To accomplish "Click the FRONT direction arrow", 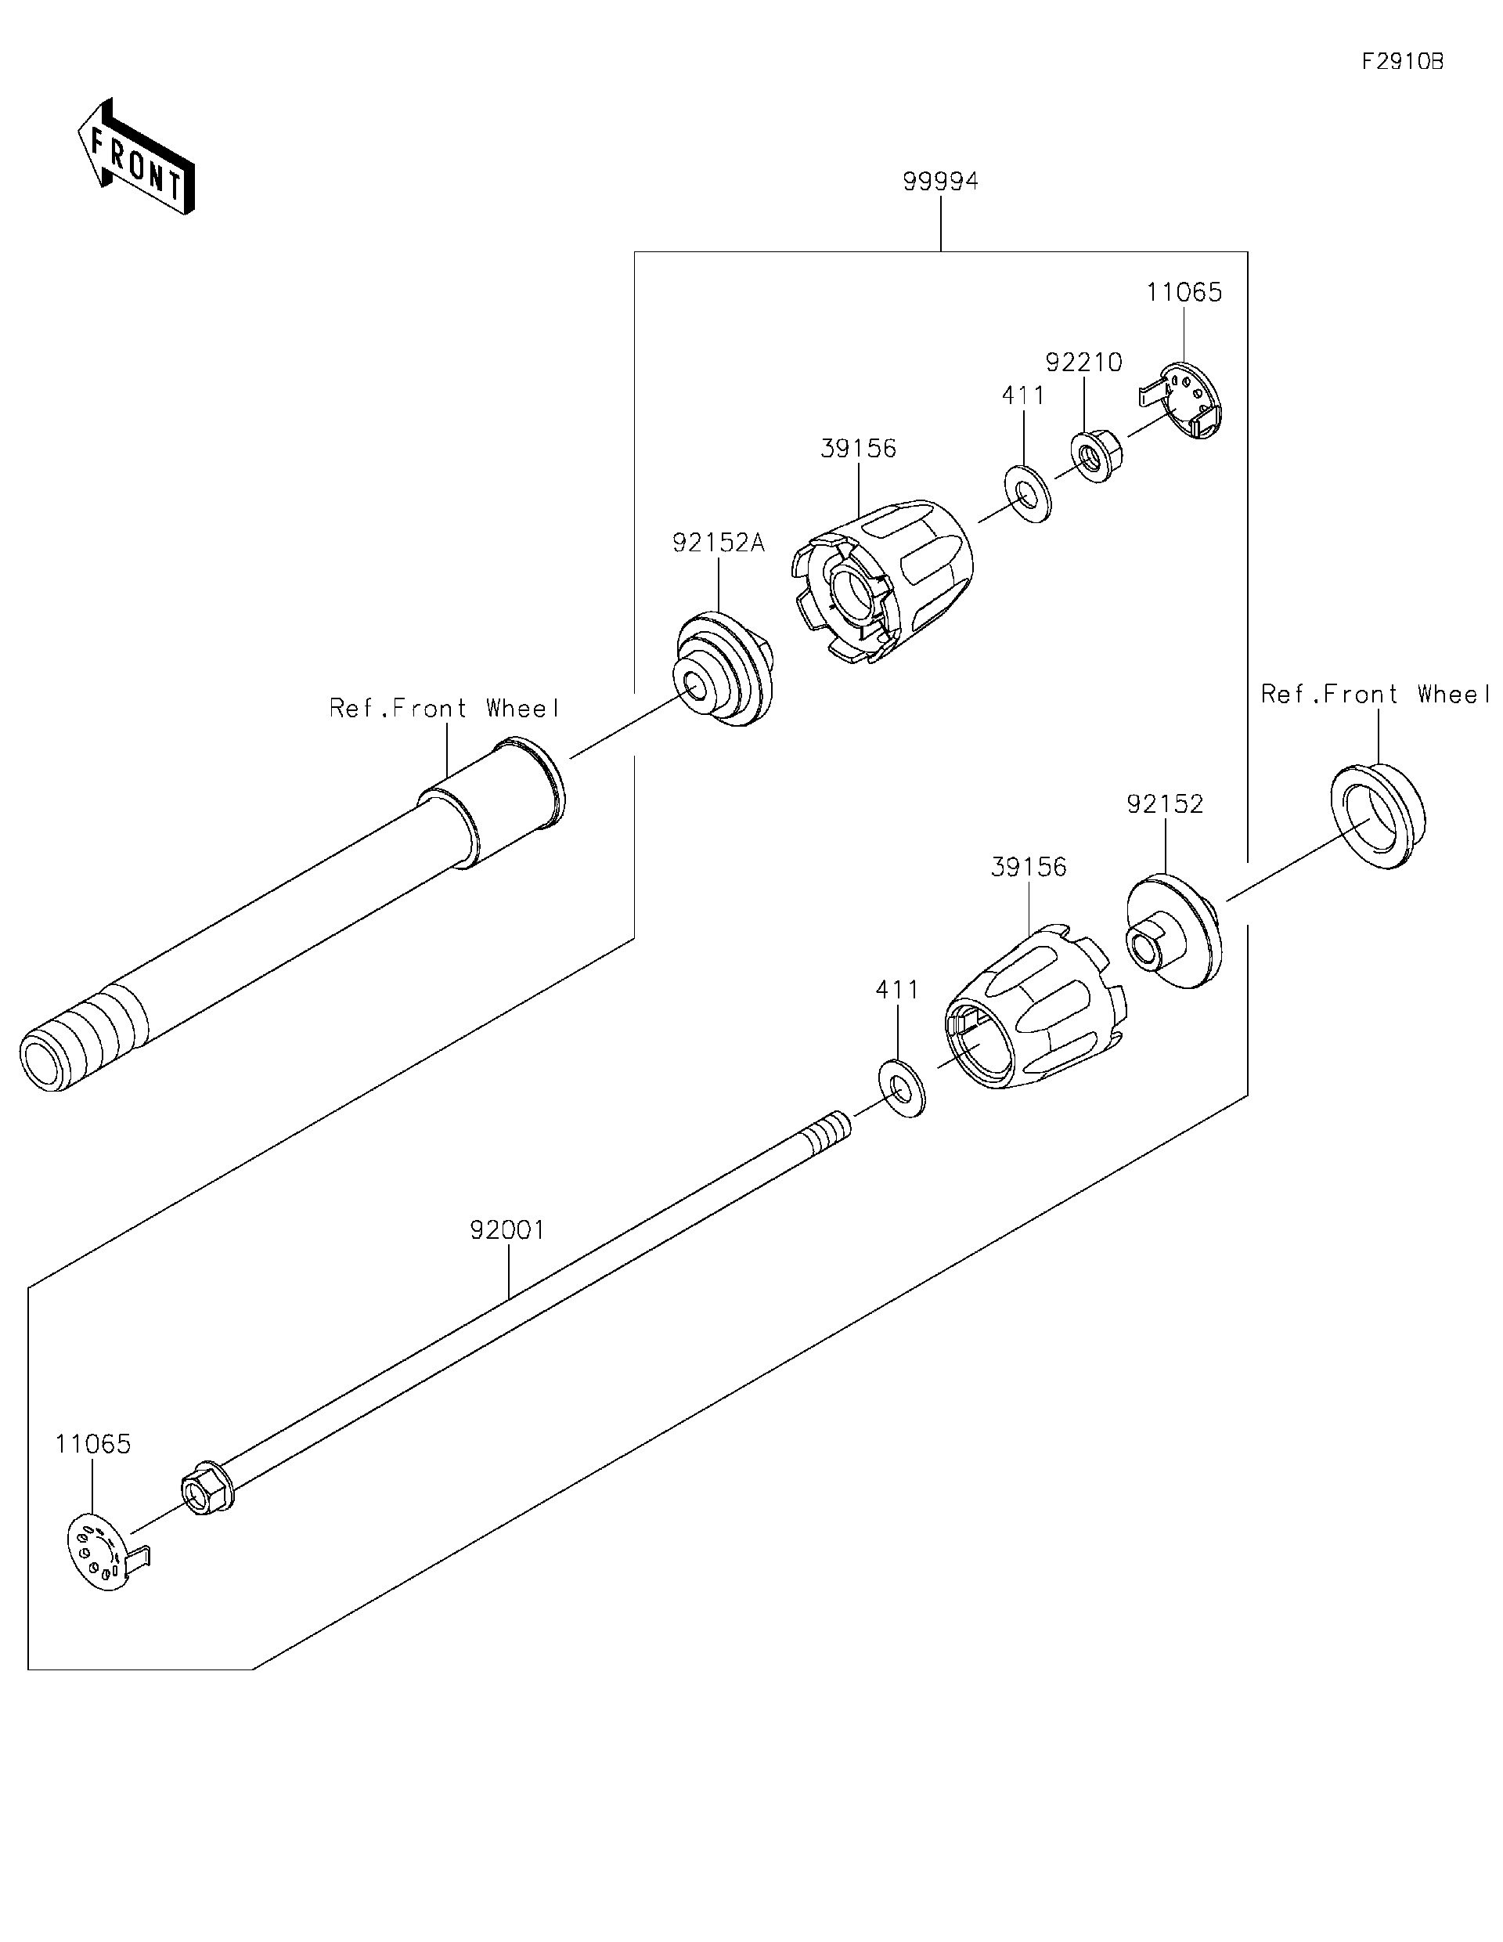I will point(136,158).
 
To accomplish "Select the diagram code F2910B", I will point(1402,61).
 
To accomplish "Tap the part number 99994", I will point(940,182).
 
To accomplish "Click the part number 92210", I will point(1083,363).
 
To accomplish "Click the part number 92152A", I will point(718,543).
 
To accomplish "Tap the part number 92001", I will point(507,1231).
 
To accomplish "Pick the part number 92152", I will point(1164,804).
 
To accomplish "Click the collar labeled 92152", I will point(1173,931).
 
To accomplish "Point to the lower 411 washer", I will point(901,1088).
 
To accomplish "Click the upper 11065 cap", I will point(1186,402).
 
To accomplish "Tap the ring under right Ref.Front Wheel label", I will point(1378,814).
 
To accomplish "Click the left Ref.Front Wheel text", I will point(445,709).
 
